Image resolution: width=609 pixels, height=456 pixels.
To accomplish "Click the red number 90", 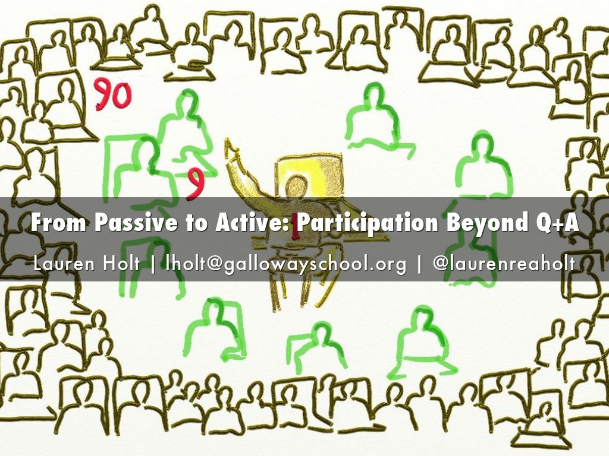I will [x=112, y=96].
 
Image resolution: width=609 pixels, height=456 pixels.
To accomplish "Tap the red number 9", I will [x=194, y=183].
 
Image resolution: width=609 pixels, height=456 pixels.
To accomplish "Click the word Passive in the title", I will [x=125, y=224].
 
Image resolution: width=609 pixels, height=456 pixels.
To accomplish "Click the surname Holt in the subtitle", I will [x=122, y=263].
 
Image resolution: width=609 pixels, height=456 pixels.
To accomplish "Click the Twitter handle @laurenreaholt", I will [x=504, y=263].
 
